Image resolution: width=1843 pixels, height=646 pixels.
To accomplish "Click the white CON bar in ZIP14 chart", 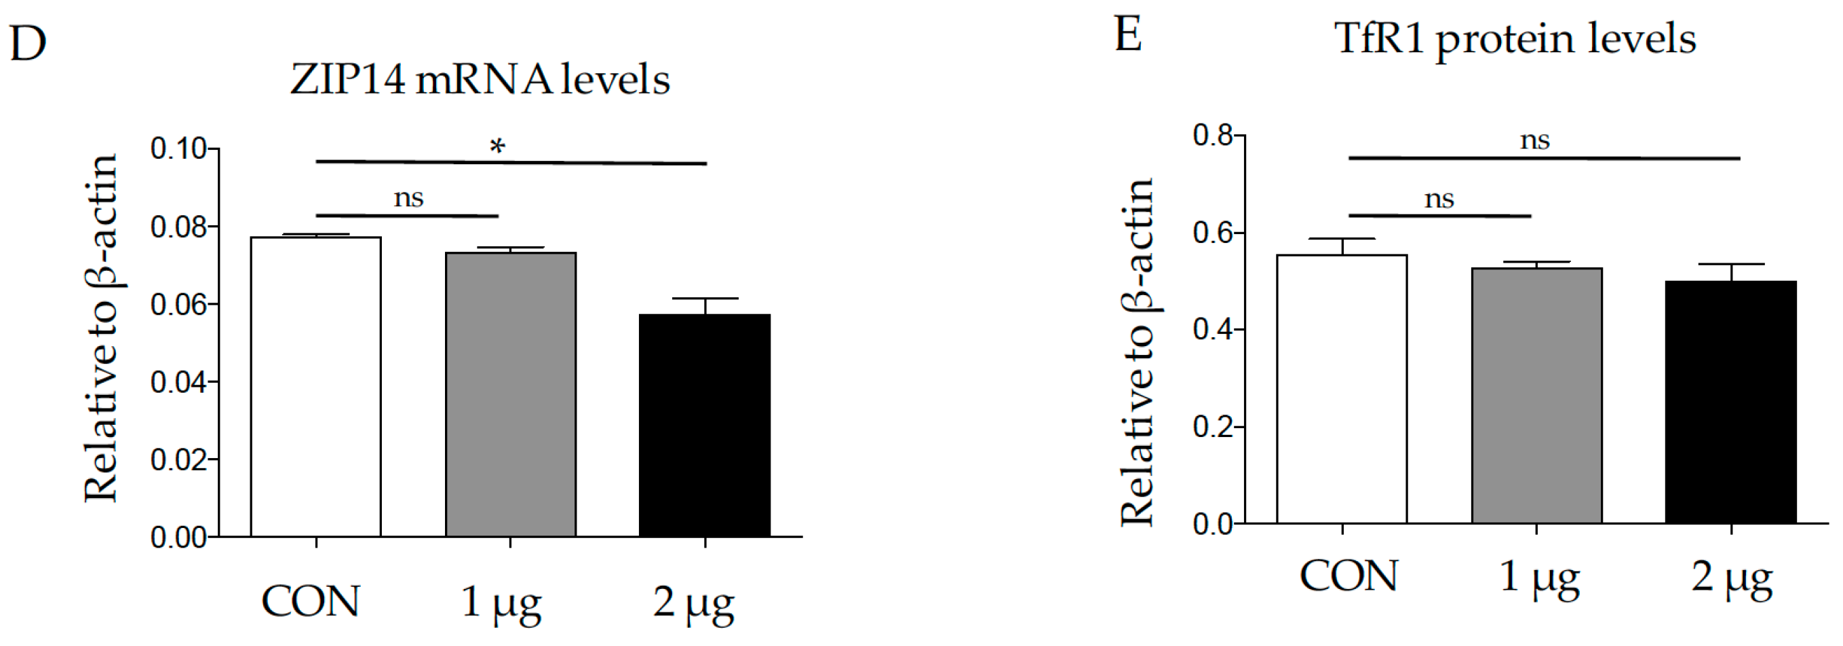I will pyautogui.click(x=315, y=386).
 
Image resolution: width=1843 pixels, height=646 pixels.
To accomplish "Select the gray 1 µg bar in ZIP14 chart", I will pyautogui.click(x=510, y=394).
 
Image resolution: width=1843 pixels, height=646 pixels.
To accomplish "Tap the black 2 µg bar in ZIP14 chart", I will pyautogui.click(x=705, y=425).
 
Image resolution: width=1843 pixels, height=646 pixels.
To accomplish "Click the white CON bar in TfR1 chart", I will pyautogui.click(x=1342, y=389).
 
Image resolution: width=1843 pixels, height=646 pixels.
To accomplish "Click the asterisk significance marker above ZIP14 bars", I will pyautogui.click(x=497, y=147).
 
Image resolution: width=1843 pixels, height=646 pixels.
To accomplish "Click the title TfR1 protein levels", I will pyautogui.click(x=1515, y=39).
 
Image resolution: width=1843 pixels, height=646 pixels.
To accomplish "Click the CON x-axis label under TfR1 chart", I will pyautogui.click(x=1348, y=576).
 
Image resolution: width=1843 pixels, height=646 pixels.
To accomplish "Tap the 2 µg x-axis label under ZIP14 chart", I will pyautogui.click(x=693, y=603).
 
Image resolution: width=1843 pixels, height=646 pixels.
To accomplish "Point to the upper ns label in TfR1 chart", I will pyautogui.click(x=1534, y=140).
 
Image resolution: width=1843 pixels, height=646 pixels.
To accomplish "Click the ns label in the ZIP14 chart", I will pyautogui.click(x=408, y=197).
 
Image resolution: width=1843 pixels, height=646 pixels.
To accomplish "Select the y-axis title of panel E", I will pyautogui.click(x=1138, y=352).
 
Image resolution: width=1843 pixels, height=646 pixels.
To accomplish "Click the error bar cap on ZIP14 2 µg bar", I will pyautogui.click(x=705, y=299).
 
